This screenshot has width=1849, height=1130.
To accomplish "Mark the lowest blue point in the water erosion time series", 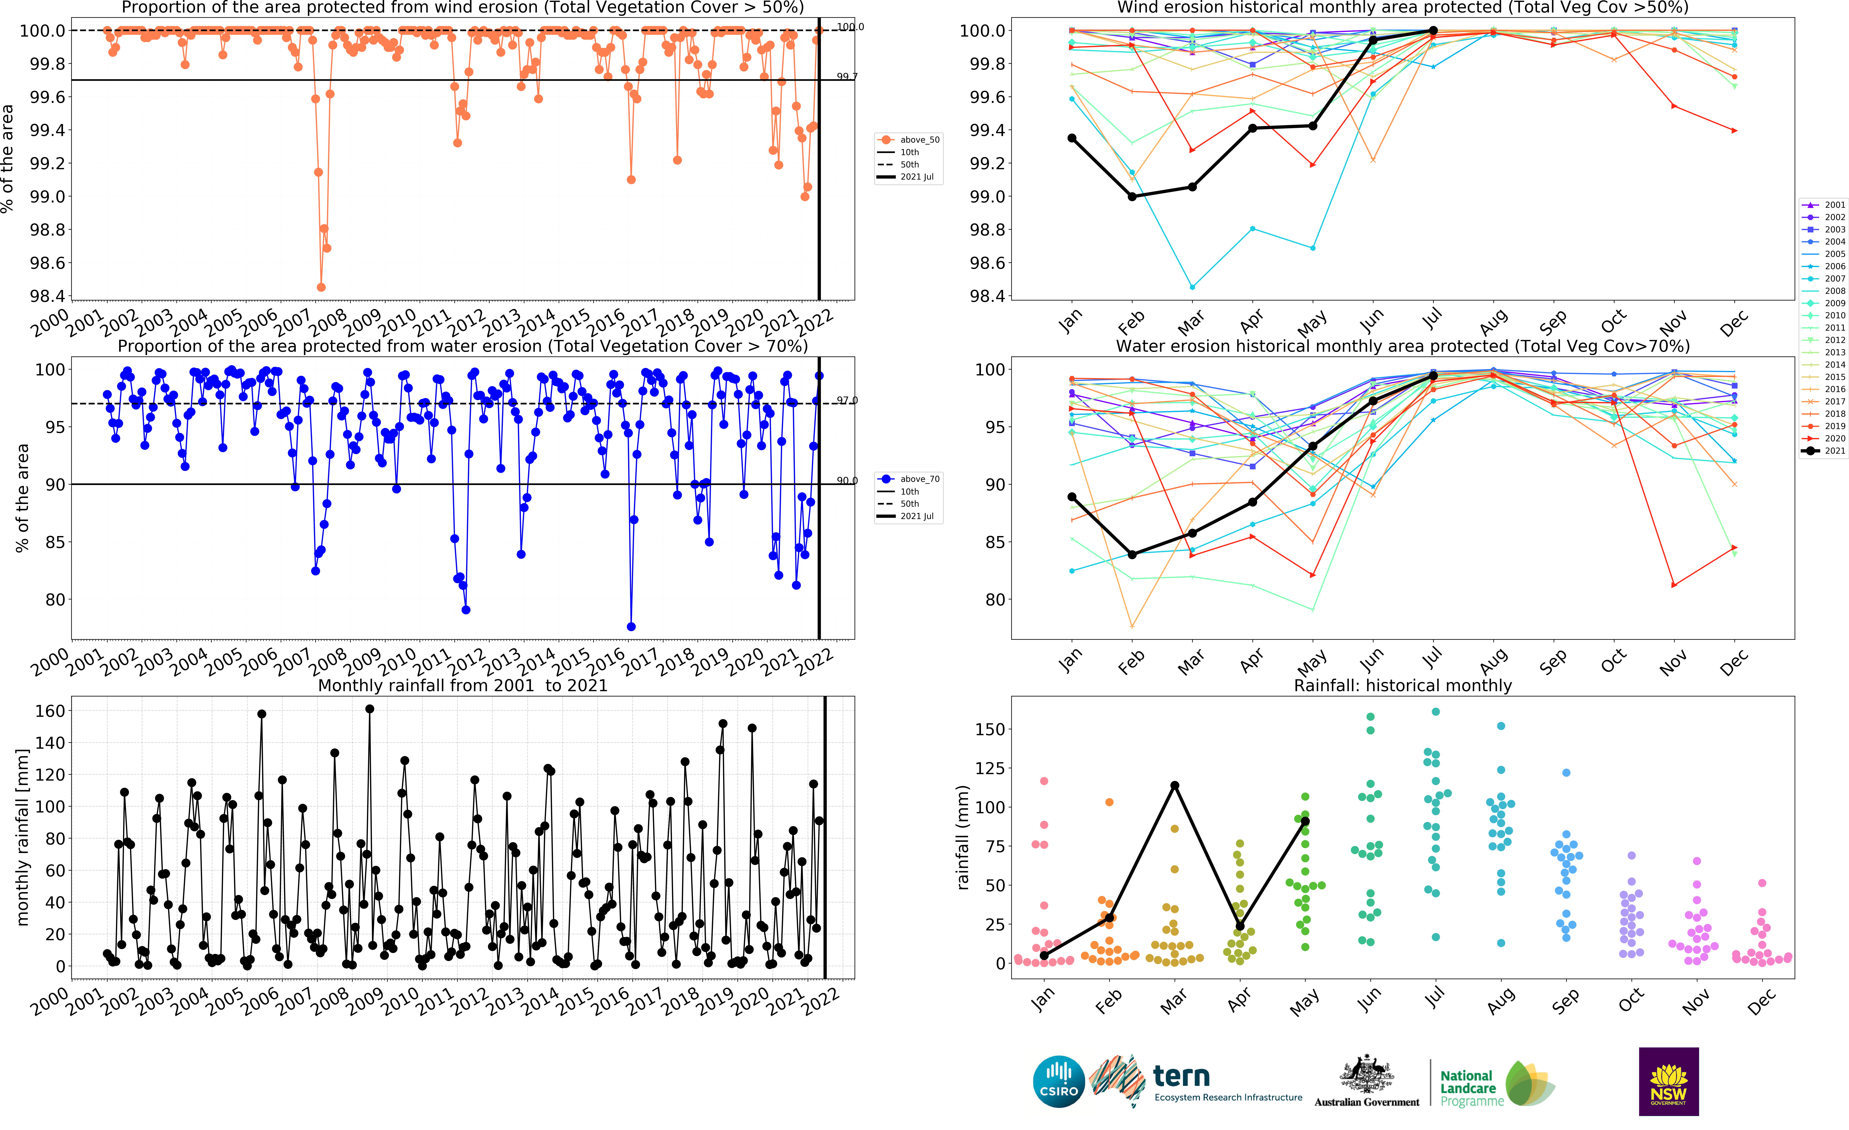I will tap(631, 626).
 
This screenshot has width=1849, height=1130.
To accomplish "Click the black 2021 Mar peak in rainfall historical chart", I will tap(1174, 786).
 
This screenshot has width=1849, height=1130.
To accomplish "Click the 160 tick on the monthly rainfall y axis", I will tap(50, 711).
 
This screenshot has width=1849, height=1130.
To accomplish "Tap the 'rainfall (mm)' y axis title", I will tap(963, 837).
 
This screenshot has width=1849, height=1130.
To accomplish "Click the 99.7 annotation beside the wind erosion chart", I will tap(847, 76).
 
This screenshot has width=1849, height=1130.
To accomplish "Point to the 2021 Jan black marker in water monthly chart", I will tap(1071, 497).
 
